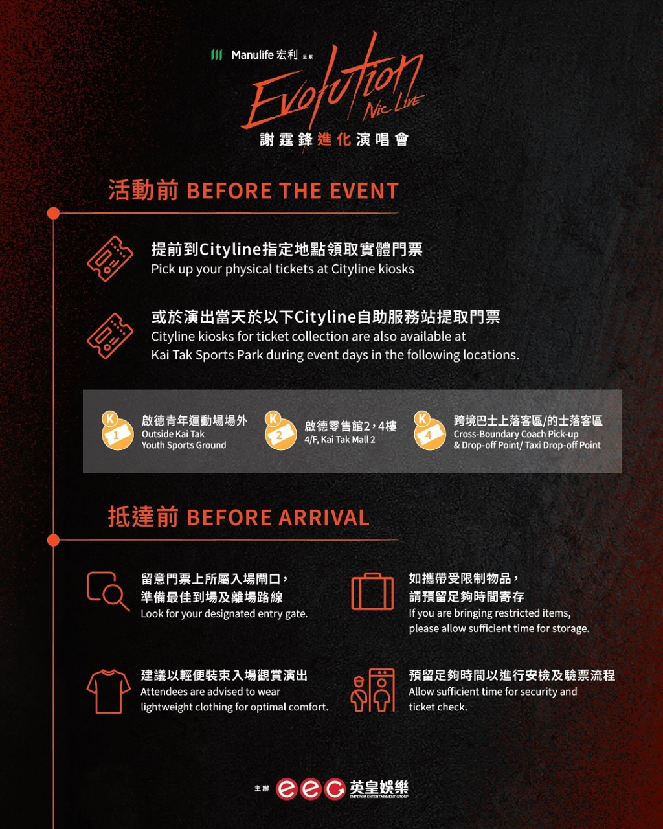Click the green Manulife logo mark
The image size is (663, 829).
tap(216, 55)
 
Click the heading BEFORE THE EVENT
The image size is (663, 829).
tap(293, 190)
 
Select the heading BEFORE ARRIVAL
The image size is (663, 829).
tap(278, 517)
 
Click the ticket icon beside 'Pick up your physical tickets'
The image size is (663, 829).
tap(110, 258)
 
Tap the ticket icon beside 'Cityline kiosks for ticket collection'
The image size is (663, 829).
tap(110, 336)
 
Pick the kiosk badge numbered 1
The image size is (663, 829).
tap(117, 431)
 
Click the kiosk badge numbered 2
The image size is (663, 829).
tap(280, 431)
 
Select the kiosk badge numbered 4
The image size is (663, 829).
tap(429, 431)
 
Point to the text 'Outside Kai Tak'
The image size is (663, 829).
tap(173, 434)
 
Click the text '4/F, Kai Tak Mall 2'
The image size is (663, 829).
tap(339, 440)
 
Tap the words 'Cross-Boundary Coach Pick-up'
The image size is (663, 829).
tap(516, 434)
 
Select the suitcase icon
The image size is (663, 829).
tap(372, 591)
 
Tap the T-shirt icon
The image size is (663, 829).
tap(108, 692)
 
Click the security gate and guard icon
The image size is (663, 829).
tap(372, 690)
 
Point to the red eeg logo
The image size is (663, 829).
tap(311, 789)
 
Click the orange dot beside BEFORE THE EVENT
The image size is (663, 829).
tap(53, 213)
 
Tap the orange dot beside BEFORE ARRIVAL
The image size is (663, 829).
tap(53, 540)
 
